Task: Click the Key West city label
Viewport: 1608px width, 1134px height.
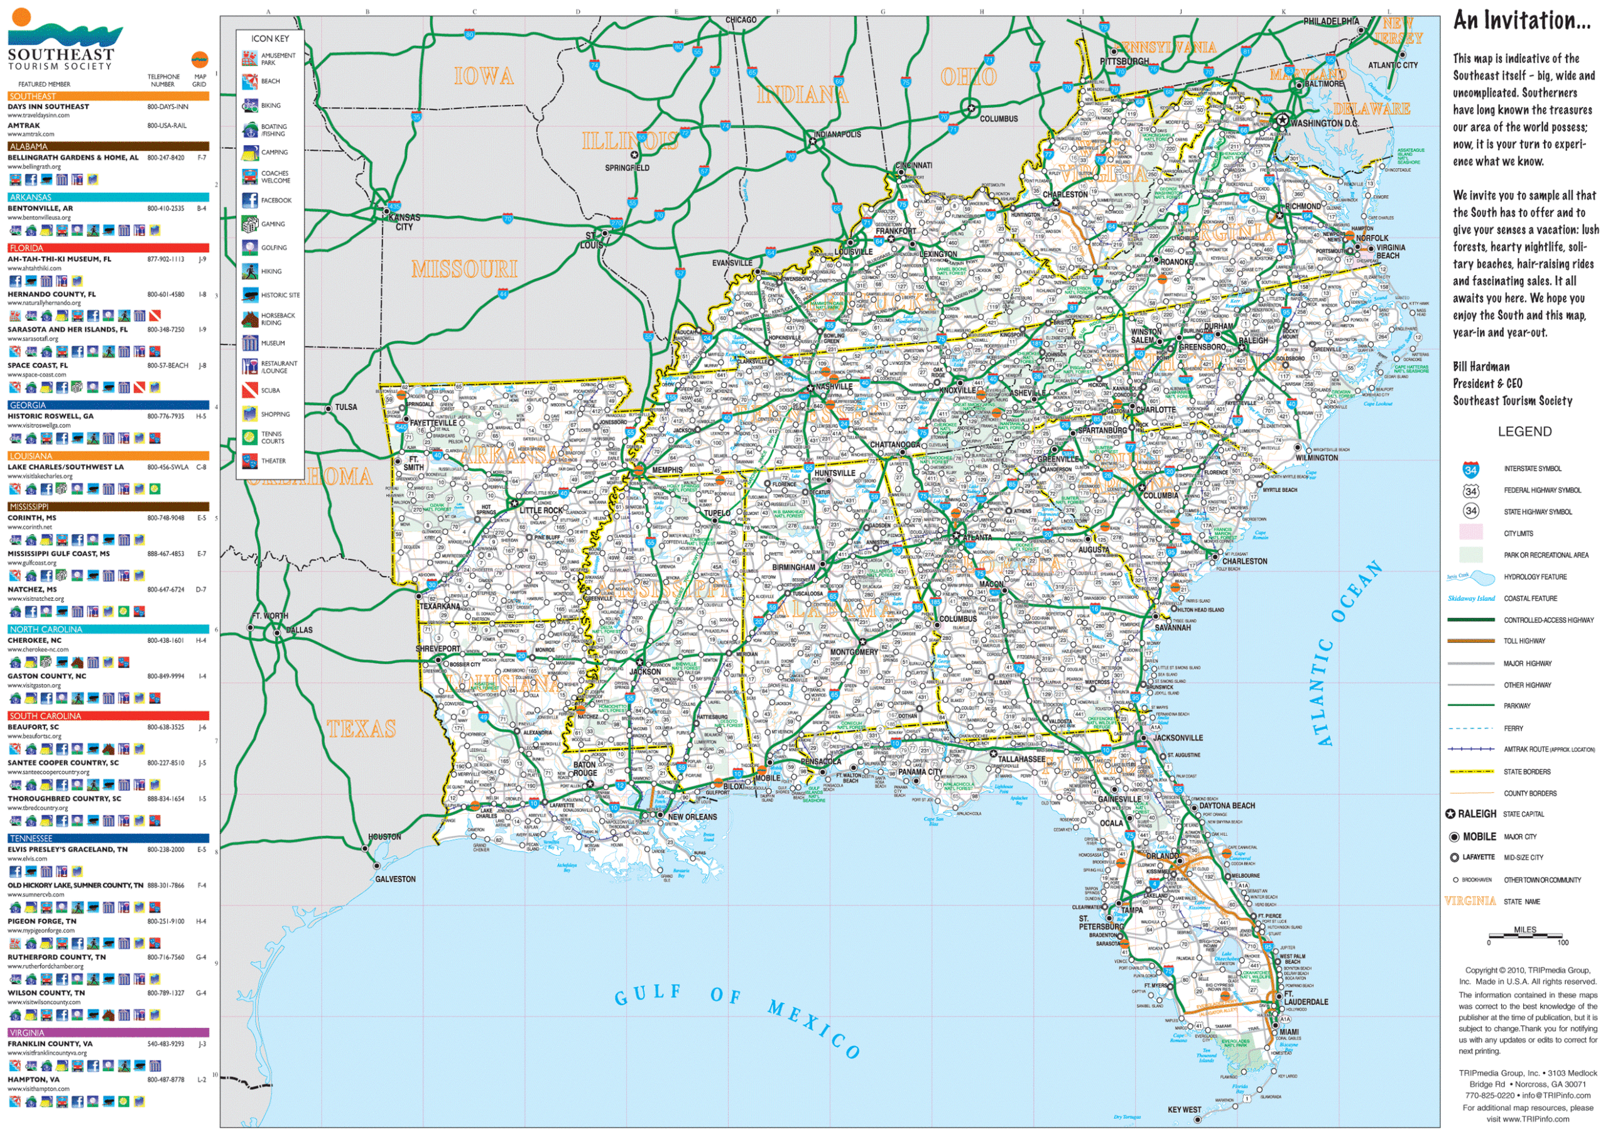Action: click(1183, 1110)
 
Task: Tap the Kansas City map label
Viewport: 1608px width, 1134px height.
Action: click(404, 222)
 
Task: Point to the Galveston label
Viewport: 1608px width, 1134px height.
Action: click(395, 879)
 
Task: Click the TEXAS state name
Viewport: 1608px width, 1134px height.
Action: click(361, 730)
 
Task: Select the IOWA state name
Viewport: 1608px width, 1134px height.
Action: click(483, 77)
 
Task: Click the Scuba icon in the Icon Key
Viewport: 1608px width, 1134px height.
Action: click(250, 391)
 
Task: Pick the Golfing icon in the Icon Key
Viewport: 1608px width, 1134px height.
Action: click(250, 248)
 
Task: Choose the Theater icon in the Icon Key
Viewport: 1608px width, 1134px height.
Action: click(250, 461)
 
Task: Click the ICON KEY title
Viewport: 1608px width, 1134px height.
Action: click(269, 38)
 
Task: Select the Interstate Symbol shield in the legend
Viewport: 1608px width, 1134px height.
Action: click(1470, 470)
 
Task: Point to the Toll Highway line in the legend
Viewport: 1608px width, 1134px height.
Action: click(1470, 641)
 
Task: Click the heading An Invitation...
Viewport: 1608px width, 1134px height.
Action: click(1522, 20)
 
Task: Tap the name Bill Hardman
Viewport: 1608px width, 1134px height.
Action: click(1481, 367)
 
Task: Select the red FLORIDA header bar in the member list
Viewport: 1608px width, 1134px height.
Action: click(109, 248)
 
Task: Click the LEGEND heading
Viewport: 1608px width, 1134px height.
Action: click(1524, 432)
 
